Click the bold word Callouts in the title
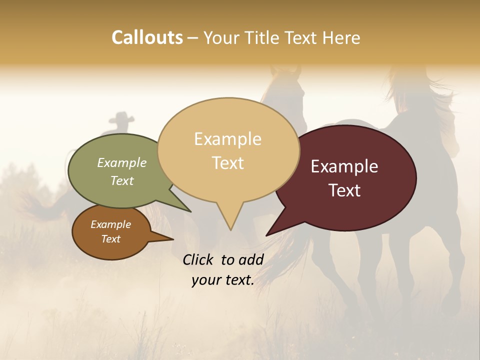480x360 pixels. coord(147,37)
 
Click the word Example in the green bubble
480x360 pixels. coord(122,162)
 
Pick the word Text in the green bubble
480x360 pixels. coord(122,180)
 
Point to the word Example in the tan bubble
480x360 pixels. coord(227,139)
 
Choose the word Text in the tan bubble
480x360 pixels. coord(227,163)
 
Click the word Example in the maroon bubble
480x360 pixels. coord(344,166)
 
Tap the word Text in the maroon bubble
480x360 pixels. coord(344,190)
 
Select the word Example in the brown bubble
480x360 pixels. coord(110,224)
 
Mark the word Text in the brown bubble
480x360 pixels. coord(110,239)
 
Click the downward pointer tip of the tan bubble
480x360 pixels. coord(230,229)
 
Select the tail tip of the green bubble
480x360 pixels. coord(190,211)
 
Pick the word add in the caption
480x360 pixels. coord(251,259)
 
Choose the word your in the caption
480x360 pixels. coord(205,280)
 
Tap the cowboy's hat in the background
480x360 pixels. coord(119,118)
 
